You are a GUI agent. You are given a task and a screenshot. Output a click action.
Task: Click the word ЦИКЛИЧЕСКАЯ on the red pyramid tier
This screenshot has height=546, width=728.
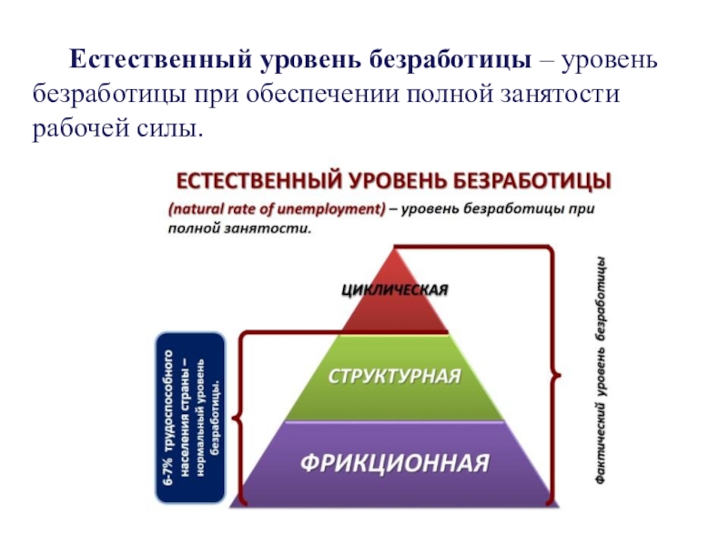click(395, 291)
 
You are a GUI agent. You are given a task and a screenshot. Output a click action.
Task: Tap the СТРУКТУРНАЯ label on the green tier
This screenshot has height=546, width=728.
click(394, 376)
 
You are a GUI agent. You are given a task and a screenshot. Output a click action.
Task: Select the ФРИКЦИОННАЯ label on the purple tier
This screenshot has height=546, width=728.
click(395, 461)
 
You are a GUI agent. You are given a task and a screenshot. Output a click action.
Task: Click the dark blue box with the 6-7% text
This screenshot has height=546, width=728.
click(190, 418)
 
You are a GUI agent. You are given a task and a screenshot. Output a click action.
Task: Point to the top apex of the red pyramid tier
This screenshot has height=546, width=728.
click(395, 246)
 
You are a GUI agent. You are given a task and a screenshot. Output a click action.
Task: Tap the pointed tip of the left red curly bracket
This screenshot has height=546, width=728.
click(233, 420)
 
